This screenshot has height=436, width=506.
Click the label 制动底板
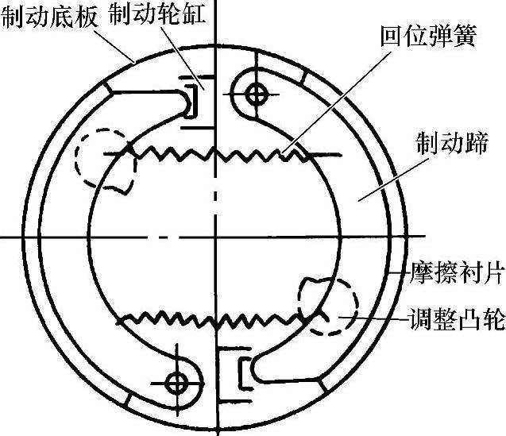[49, 15]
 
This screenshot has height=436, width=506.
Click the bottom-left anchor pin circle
[176, 382]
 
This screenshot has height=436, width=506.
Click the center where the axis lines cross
[214, 236]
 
